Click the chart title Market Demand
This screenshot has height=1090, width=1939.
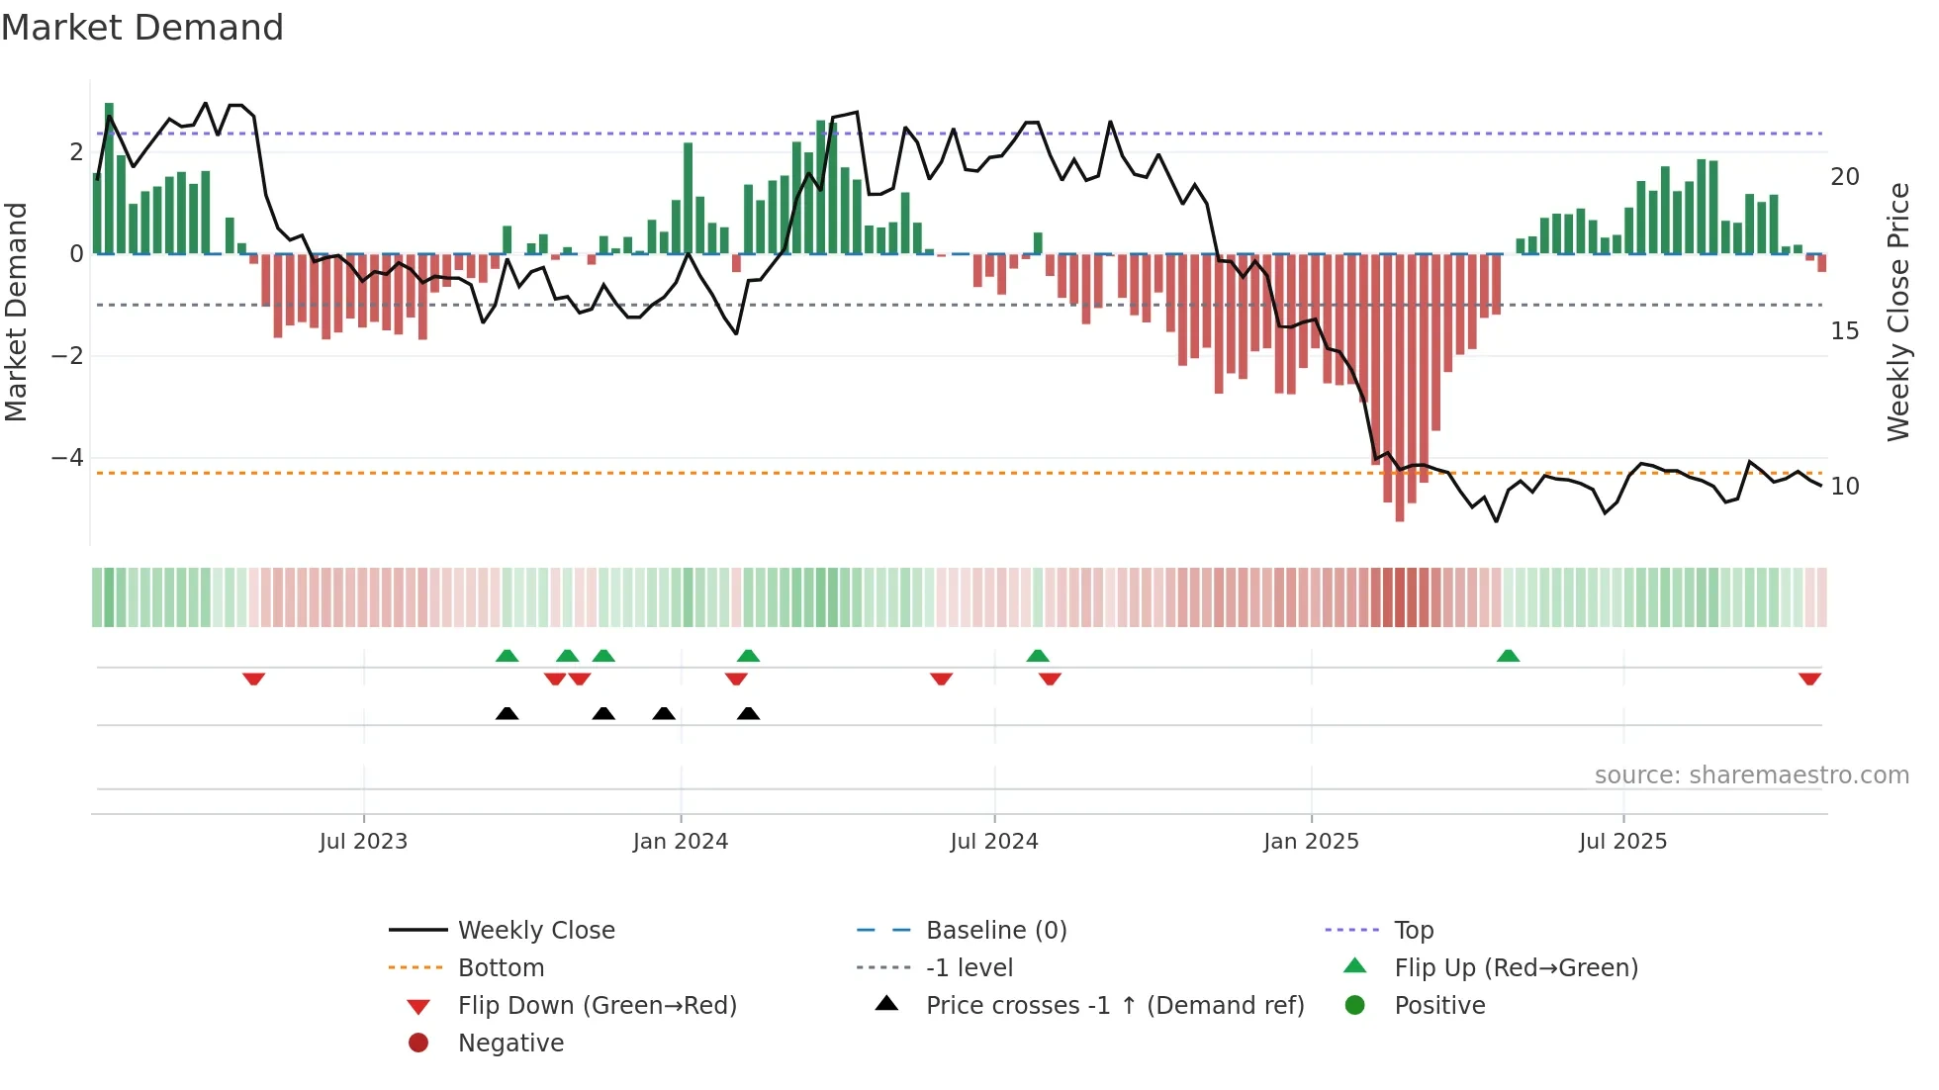pyautogui.click(x=142, y=28)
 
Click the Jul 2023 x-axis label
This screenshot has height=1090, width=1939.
pyautogui.click(x=363, y=842)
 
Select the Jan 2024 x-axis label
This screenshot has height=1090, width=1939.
pyautogui.click(x=681, y=842)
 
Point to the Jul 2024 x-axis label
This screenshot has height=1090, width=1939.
pyautogui.click(x=994, y=842)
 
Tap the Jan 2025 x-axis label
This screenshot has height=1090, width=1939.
pyautogui.click(x=1311, y=842)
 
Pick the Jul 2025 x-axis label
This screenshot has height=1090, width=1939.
pyautogui.click(x=1623, y=842)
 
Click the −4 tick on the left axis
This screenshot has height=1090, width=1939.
pyautogui.click(x=67, y=458)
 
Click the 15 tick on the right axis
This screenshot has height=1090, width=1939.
pyautogui.click(x=1844, y=331)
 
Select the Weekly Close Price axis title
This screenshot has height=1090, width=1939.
pyautogui.click(x=1897, y=312)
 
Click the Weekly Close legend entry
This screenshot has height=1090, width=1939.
pyautogui.click(x=535, y=931)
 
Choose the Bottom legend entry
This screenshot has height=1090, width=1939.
pyautogui.click(x=501, y=968)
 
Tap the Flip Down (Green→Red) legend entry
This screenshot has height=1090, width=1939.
pyautogui.click(x=597, y=1006)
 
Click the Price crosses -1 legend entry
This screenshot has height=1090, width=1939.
pyautogui.click(x=1114, y=1006)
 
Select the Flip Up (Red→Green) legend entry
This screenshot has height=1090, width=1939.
pyautogui.click(x=1516, y=968)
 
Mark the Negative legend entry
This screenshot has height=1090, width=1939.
pyautogui.click(x=510, y=1044)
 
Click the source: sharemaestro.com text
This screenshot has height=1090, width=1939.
pyautogui.click(x=1751, y=775)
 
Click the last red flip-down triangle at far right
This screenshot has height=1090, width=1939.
pyautogui.click(x=1809, y=679)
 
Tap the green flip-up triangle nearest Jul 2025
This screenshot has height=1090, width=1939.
pyautogui.click(x=1508, y=656)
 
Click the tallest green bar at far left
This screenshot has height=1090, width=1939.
pyautogui.click(x=109, y=178)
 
